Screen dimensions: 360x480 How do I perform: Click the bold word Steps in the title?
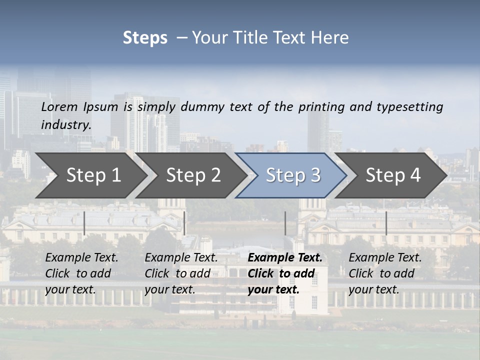pos(145,38)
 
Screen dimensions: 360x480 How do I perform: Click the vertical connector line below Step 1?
pos(84,223)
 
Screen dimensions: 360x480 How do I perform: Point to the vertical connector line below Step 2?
pos(184,223)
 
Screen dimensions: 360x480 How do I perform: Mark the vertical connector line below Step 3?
pos(285,223)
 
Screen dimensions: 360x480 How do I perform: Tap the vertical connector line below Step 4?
pos(386,223)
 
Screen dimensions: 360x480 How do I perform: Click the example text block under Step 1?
pos(81,273)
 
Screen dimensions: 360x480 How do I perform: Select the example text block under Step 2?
pos(181,273)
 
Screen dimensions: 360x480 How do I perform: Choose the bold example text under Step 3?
pos(285,273)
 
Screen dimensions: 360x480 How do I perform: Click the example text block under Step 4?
pos(385,273)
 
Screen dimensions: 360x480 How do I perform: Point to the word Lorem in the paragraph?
pos(59,107)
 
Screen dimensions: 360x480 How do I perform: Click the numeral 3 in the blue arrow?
pos(315,175)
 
